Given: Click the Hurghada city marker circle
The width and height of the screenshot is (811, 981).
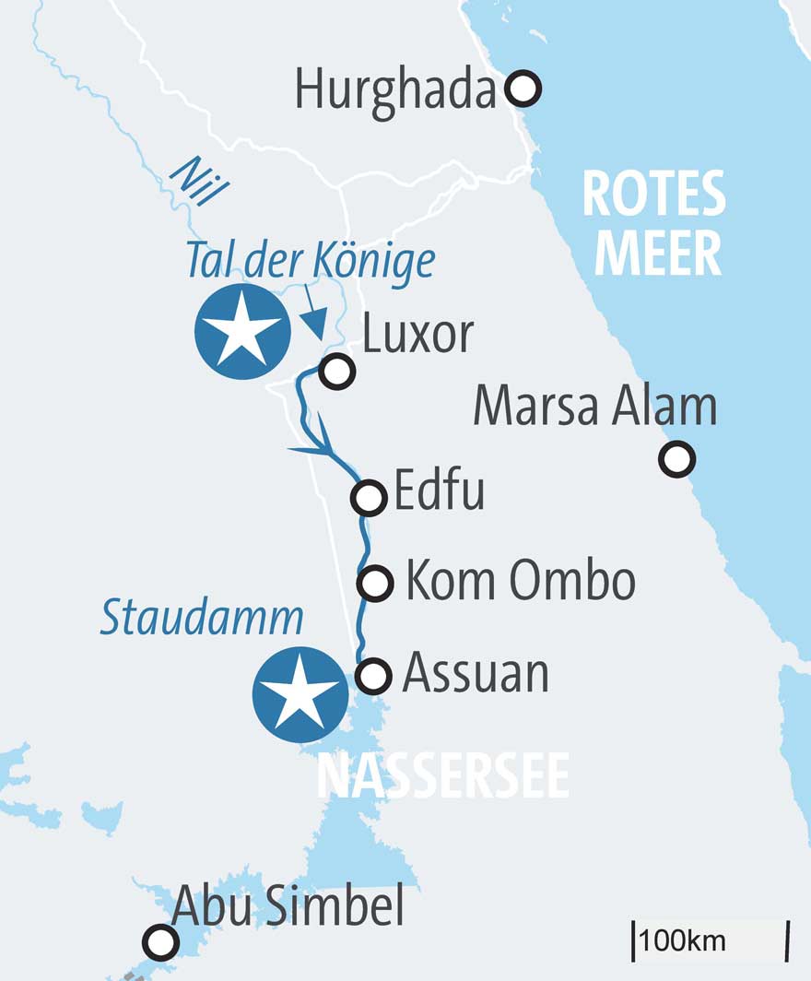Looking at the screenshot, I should [524, 89].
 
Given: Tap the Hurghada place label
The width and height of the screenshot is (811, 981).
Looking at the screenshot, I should [396, 90].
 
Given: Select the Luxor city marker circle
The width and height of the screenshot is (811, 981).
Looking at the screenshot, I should [336, 372].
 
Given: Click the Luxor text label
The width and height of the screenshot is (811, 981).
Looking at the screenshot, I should [417, 336].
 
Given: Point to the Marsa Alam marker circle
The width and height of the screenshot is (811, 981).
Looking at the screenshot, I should [677, 459].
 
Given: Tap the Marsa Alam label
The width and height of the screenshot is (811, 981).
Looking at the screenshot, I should [594, 407].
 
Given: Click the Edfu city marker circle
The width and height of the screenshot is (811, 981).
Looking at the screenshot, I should [369, 497].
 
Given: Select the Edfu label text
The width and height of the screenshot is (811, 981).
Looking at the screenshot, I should [439, 492].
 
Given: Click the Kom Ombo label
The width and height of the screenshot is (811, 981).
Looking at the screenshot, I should [521, 581].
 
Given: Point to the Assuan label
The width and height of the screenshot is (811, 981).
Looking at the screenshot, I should [476, 674].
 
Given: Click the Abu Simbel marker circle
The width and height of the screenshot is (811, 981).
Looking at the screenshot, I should [160, 942].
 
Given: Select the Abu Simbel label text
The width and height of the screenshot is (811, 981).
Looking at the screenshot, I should [288, 906].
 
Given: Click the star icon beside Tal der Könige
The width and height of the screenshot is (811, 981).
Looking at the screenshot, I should [242, 331].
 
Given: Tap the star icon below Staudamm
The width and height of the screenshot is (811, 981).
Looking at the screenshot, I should [300, 694].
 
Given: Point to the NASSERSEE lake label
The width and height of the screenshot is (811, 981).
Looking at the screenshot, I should [442, 777].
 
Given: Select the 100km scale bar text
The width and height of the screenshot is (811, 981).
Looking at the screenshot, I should [683, 941].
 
